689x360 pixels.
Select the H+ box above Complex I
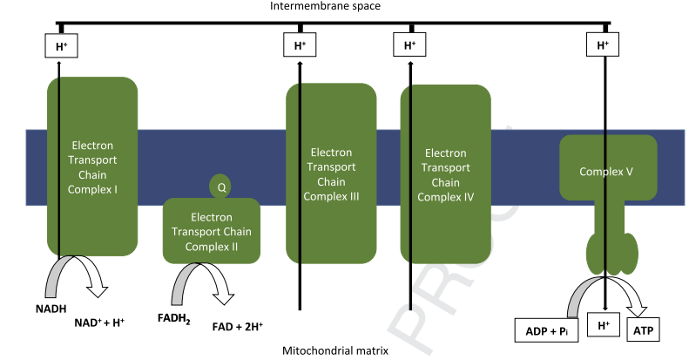pos(61,45)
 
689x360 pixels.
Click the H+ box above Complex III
pos(301,45)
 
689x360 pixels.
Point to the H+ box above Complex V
pos(603,45)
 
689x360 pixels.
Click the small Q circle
pos(221,187)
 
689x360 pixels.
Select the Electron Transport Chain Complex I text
pos(91,166)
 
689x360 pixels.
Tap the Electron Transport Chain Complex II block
pos(212,231)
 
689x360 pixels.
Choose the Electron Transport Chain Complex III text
pos(332,173)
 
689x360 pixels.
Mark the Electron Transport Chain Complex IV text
pos(445,173)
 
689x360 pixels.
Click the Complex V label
pos(605,172)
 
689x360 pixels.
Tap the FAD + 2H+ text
pos(238,328)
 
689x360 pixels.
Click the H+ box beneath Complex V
pos(603,326)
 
